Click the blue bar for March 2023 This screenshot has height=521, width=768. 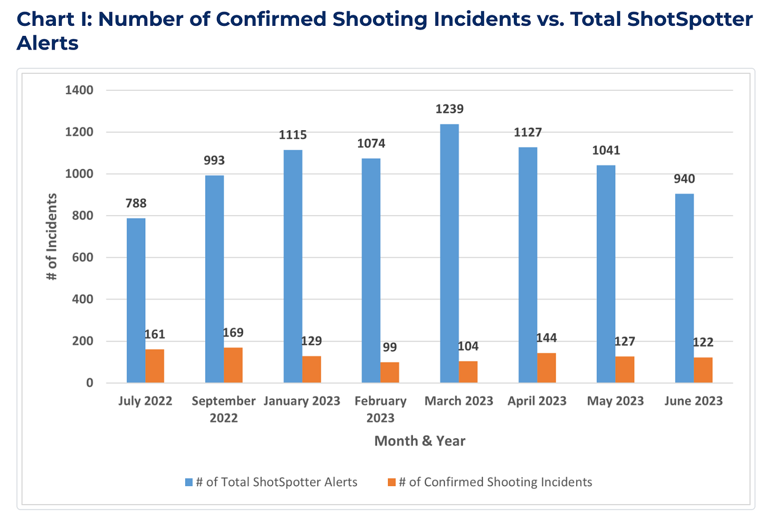[449, 253]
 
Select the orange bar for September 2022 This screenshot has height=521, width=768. [233, 365]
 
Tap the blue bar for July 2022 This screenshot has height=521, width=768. [136, 300]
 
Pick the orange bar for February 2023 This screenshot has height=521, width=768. [390, 372]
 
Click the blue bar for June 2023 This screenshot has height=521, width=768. [684, 288]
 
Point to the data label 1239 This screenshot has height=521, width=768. [449, 109]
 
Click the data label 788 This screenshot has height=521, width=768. [136, 203]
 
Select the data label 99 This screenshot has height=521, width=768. [390, 348]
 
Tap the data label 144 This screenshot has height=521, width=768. [546, 338]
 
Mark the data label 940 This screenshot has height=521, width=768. [684, 179]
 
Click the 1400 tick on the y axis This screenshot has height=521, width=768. [79, 90]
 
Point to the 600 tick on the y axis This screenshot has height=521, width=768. [83, 257]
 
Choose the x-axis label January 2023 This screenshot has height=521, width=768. [302, 401]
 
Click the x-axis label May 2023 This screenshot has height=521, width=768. [615, 401]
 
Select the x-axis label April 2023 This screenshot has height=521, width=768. [537, 401]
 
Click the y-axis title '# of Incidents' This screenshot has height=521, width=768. [52, 236]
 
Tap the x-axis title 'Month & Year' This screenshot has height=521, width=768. [420, 441]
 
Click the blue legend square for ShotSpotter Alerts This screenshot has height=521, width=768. [189, 482]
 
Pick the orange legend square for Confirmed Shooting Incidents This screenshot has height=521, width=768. [391, 482]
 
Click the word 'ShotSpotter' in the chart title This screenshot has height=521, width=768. [690, 20]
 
